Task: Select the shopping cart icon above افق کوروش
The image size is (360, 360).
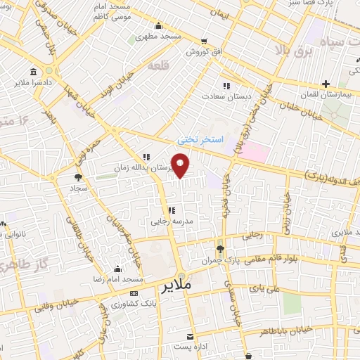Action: [x=204, y=41]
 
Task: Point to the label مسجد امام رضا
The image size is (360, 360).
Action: [x=117, y=280]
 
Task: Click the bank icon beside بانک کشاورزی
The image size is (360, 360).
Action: [x=134, y=293]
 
